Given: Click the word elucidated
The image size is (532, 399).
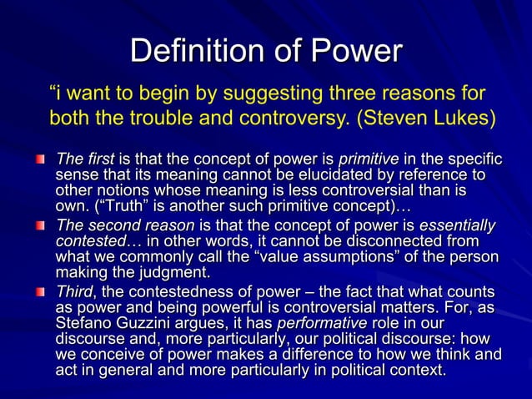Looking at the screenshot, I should tap(330, 174).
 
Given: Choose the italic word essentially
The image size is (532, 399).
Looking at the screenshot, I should tap(457, 226).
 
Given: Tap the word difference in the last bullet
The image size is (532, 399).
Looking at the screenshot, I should tap(313, 355).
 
